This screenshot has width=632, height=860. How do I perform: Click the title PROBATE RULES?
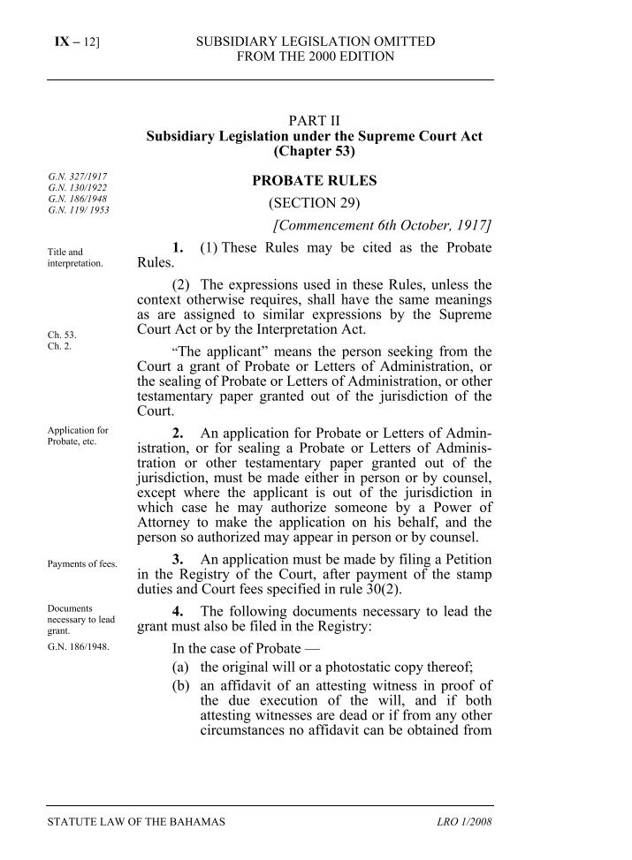click(x=315, y=181)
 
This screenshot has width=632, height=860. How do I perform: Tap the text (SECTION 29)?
click(x=315, y=203)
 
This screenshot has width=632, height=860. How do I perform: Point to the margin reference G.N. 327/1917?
click(x=80, y=177)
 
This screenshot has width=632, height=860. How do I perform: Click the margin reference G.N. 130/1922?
click(x=80, y=189)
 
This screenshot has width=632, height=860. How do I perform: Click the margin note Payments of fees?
click(x=82, y=563)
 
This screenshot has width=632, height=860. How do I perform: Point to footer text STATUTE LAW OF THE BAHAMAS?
click(x=136, y=822)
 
